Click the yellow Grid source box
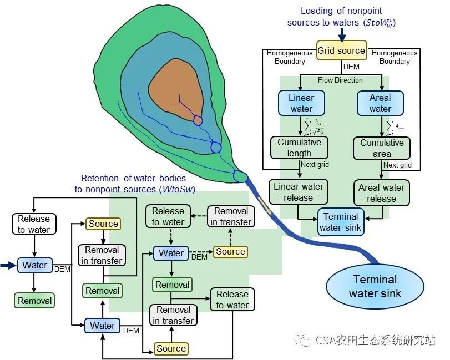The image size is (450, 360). (341, 50)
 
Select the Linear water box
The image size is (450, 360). (301, 103)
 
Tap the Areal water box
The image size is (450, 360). (380, 103)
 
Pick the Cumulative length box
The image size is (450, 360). (300, 148)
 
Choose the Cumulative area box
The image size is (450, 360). (382, 148)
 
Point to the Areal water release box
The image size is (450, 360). (381, 192)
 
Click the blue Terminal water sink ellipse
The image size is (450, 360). (375, 286)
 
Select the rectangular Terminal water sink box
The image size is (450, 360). (341, 221)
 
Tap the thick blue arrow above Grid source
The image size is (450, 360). (342, 34)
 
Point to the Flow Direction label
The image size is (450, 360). (340, 80)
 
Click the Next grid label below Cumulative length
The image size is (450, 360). (316, 165)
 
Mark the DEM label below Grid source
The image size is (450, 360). (352, 67)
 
